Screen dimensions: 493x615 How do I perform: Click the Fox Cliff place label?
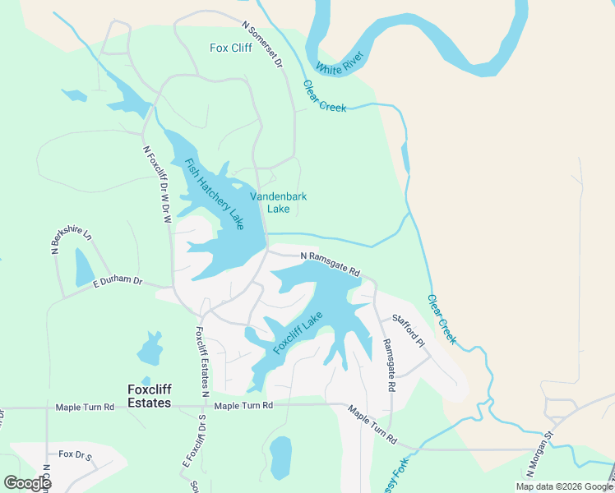[230, 48]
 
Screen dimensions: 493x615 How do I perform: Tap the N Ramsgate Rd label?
[331, 264]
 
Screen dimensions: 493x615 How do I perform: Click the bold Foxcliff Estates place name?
[149, 396]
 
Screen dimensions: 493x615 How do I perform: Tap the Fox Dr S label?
[76, 454]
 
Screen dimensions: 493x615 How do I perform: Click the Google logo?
[27, 483]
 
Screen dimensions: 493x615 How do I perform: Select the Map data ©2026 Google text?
[564, 486]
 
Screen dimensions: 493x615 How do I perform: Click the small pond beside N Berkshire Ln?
[85, 267]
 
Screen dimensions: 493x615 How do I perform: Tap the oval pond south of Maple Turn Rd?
[280, 457]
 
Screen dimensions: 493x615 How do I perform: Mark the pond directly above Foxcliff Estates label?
[150, 349]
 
